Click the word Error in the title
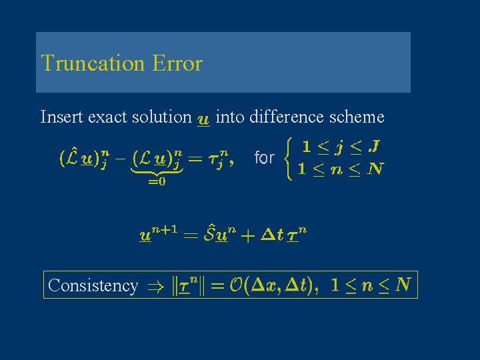pyautogui.click(x=177, y=63)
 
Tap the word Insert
pyautogui.click(x=58, y=117)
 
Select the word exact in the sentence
pyautogui.click(x=99, y=117)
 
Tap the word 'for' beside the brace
pyautogui.click(x=265, y=158)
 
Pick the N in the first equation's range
pyautogui.click(x=376, y=169)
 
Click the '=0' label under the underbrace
pyautogui.click(x=157, y=182)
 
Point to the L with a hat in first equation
pyautogui.click(x=71, y=157)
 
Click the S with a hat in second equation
pyautogui.click(x=213, y=234)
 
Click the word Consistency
pyautogui.click(x=93, y=285)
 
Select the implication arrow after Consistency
pyautogui.click(x=150, y=287)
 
